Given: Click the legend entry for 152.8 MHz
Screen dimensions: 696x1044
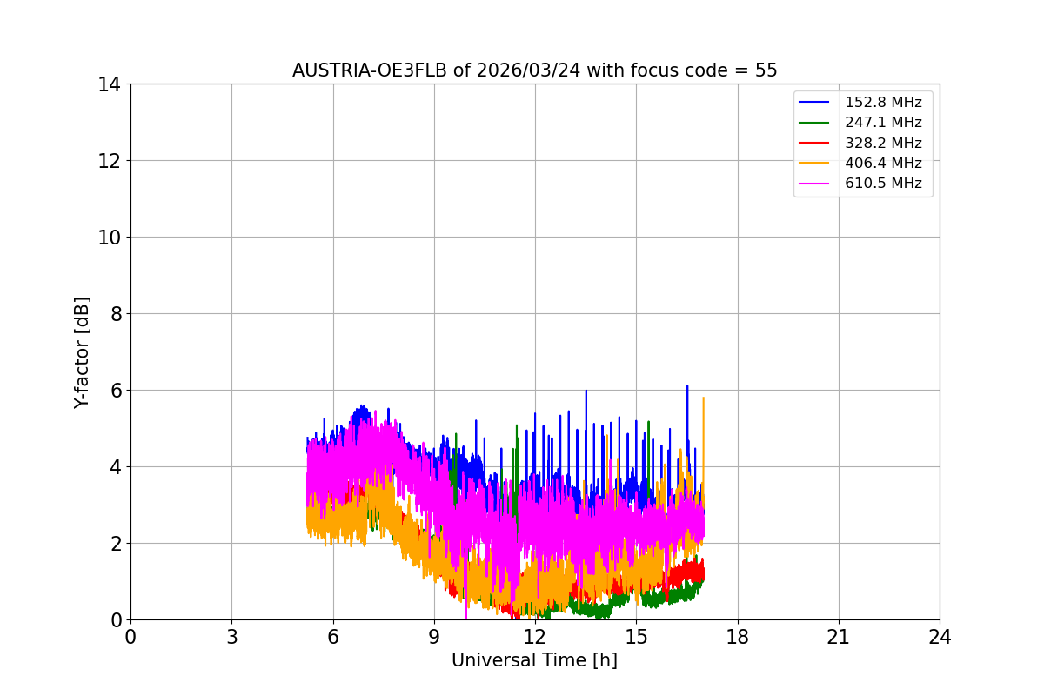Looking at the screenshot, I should point(883,103).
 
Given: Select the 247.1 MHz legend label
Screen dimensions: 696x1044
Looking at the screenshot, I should point(883,123).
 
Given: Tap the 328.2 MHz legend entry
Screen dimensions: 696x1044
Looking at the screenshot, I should point(883,143).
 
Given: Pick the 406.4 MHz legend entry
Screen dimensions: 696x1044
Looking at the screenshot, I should point(883,163).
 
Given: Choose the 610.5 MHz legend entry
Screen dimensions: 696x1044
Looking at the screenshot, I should point(883,184).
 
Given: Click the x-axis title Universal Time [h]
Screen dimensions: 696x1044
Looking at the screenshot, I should point(534,660).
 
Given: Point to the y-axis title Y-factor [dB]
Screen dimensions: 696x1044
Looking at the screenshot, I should point(82,352).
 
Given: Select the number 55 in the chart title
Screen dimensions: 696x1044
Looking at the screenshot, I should point(766,70).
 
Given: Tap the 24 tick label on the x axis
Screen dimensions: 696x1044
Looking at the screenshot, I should point(940,637).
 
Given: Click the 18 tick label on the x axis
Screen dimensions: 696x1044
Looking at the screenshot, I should point(738,637).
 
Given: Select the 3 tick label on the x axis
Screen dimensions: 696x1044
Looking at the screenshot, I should point(231,637).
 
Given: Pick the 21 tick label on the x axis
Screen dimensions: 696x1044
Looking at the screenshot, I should point(839,637).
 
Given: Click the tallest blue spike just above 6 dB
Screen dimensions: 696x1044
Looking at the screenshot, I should point(687,386).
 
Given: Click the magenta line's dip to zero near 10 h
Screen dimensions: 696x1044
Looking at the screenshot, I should point(465,617).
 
